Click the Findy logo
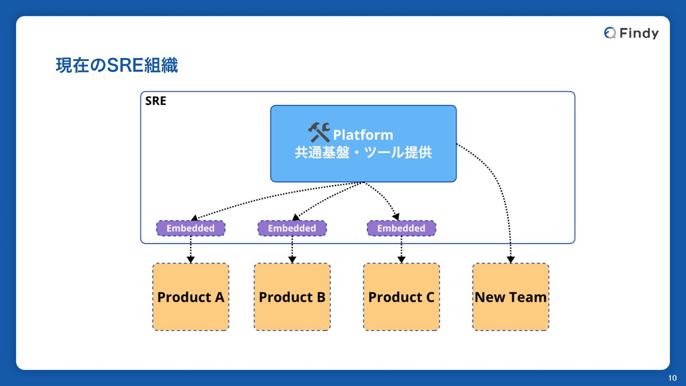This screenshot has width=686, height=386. [x=631, y=33]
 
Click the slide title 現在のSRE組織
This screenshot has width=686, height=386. [x=117, y=66]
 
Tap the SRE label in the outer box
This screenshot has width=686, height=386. [x=156, y=101]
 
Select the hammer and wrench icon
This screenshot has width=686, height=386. [x=319, y=132]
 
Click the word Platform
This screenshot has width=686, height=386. [x=363, y=135]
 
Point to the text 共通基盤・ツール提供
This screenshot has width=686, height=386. [x=363, y=153]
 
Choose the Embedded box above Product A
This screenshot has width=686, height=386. [x=191, y=228]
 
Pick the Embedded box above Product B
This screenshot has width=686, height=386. [x=292, y=228]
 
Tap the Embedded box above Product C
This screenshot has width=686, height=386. [x=401, y=228]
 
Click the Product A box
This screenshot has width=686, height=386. [x=191, y=297]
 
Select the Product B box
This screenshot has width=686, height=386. [x=292, y=297]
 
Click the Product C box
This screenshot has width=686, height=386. [x=401, y=297]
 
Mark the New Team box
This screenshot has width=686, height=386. [x=511, y=297]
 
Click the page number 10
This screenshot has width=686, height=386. [x=672, y=378]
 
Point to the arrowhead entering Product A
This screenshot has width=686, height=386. [x=191, y=260]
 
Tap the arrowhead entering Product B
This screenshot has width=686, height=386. [x=292, y=260]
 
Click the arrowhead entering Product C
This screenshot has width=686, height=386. [x=401, y=260]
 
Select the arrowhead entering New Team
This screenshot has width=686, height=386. [x=511, y=260]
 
